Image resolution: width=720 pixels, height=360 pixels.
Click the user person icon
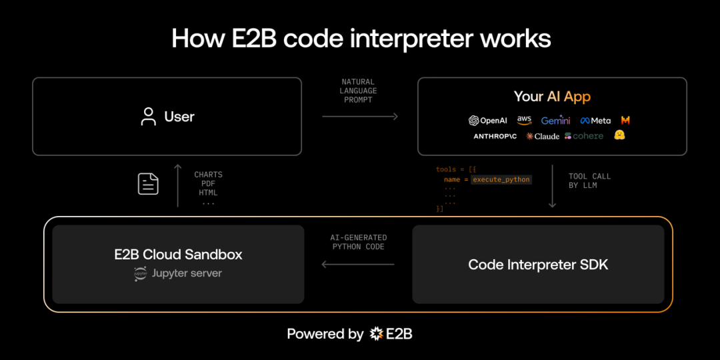[149, 117]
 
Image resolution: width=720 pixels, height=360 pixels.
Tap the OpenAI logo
[488, 121]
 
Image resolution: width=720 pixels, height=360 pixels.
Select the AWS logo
[524, 120]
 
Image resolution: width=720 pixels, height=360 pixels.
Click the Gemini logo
[555, 121]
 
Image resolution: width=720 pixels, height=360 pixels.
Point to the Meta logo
[595, 121]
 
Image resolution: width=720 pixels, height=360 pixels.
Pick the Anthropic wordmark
[495, 136]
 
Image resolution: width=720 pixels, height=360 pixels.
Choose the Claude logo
[543, 136]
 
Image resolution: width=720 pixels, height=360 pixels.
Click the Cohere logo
[584, 136]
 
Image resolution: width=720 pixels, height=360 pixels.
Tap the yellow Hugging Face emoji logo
[620, 135]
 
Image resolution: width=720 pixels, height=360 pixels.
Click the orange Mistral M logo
[625, 121]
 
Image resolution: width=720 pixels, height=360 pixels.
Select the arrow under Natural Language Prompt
[360, 117]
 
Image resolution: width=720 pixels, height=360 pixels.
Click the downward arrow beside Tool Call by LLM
[552, 187]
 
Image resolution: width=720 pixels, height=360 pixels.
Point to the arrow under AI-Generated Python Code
[358, 264]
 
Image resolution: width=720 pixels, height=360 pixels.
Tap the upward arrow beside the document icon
[177, 185]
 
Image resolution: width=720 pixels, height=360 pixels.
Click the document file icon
[148, 183]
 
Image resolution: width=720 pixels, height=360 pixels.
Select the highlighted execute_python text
[501, 179]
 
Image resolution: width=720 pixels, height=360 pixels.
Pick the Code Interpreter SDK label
[538, 265]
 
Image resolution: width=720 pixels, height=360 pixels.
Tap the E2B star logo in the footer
[377, 334]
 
